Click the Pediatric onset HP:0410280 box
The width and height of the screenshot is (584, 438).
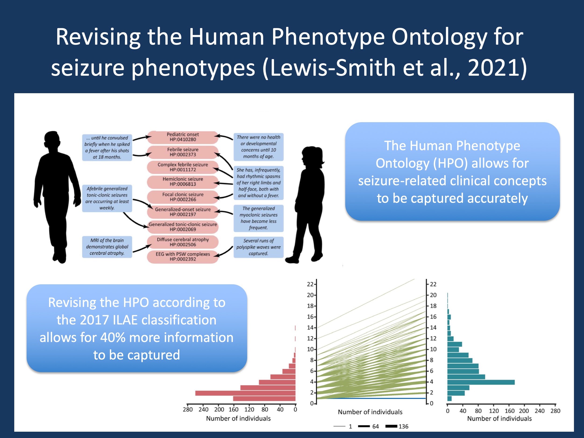click(183, 137)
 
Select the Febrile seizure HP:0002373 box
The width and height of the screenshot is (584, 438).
click(183, 152)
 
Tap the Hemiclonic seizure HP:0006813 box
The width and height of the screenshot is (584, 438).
click(183, 182)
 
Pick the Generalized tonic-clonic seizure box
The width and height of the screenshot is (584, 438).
click(183, 227)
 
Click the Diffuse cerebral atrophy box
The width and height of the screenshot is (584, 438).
click(183, 242)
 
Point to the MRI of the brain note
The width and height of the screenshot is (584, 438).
click(107, 247)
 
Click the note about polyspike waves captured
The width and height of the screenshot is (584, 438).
click(258, 247)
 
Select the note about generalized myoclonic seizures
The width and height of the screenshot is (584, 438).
click(258, 218)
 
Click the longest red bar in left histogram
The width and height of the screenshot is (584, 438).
click(245, 393)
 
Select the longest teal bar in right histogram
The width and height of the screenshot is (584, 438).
click(481, 382)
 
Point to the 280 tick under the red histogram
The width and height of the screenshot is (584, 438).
click(188, 410)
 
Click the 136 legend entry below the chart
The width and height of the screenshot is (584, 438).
click(397, 426)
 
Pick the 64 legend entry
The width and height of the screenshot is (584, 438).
click(368, 426)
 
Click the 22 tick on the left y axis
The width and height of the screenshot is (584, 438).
click(310, 284)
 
